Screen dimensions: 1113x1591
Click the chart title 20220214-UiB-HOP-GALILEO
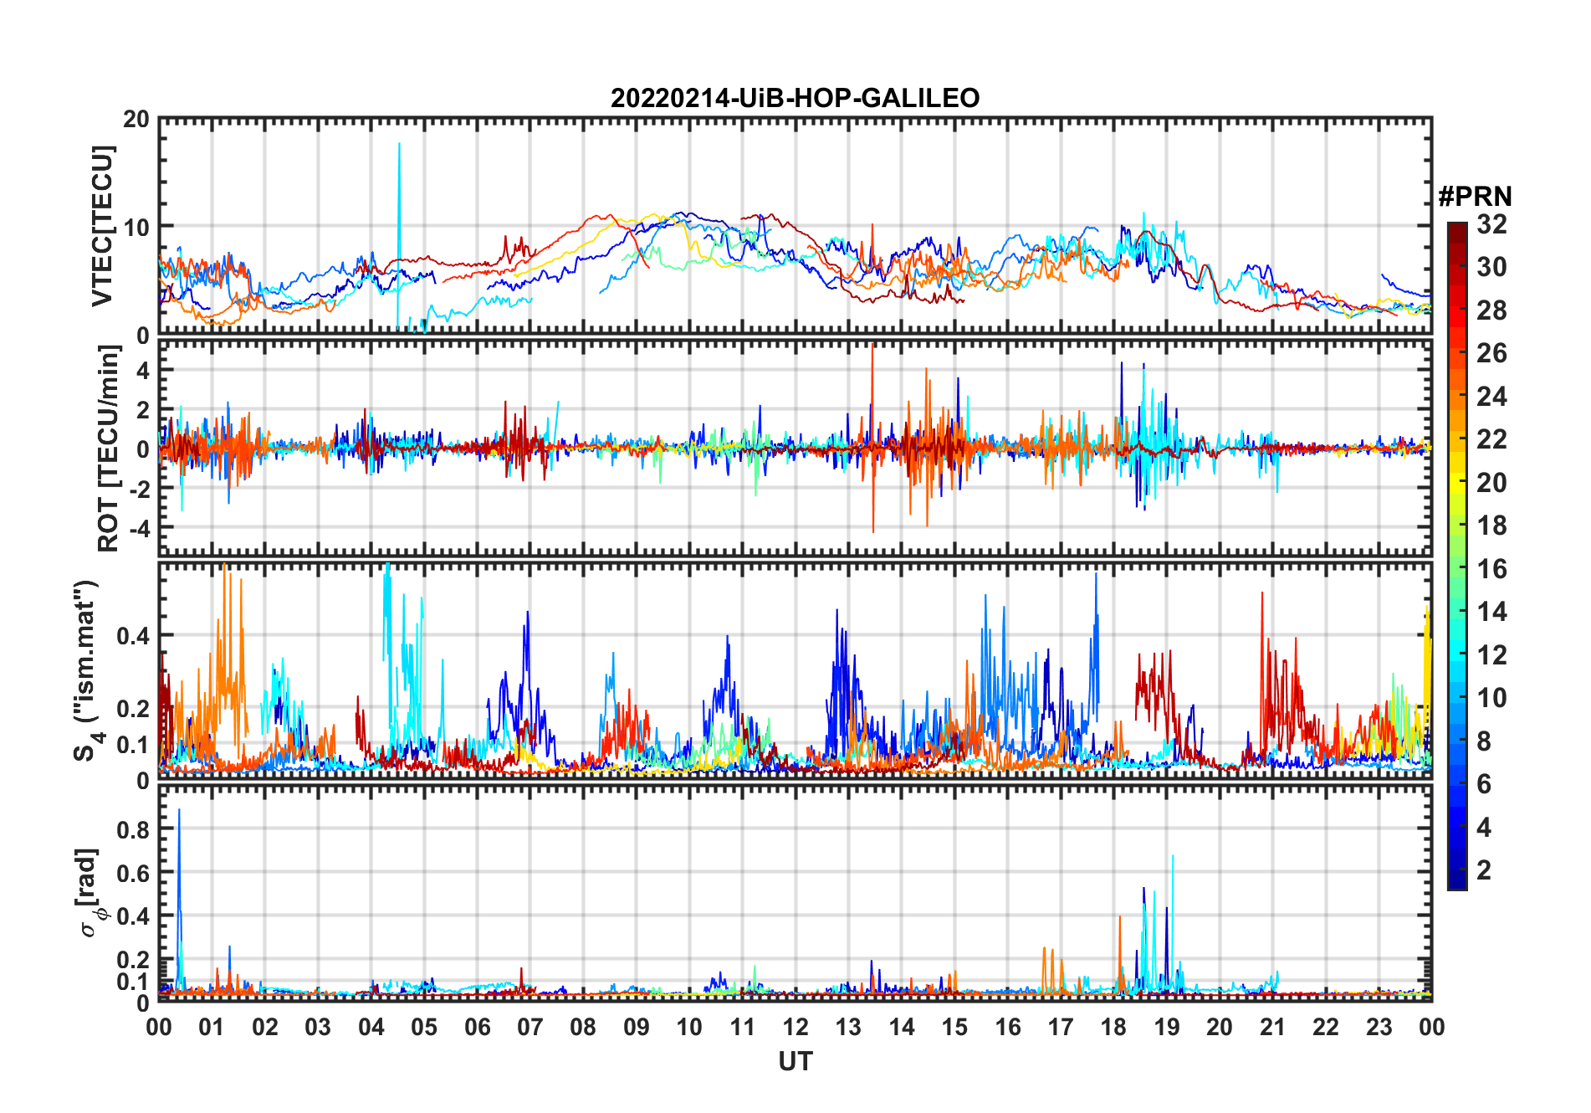tap(795, 99)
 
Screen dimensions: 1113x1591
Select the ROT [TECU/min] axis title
tap(108, 449)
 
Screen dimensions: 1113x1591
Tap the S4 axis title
tap(87, 671)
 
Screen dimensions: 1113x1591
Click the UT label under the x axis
tap(795, 1062)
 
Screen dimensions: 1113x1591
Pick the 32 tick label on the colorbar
tap(1491, 224)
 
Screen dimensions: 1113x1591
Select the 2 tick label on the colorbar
tap(1484, 870)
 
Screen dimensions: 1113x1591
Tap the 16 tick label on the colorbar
tap(1491, 569)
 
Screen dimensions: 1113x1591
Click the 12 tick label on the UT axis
tap(795, 1028)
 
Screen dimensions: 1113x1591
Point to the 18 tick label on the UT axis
tap(1113, 1028)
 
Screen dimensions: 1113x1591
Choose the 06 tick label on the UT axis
tap(477, 1028)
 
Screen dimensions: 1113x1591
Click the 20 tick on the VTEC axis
tap(136, 120)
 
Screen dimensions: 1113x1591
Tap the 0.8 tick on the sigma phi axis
tap(133, 830)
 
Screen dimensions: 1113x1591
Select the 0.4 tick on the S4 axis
tap(133, 636)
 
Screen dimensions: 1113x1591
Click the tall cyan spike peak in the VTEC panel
tap(399, 144)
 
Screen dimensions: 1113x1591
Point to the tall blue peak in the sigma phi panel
tap(179, 810)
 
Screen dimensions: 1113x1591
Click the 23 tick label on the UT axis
tap(1379, 1028)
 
